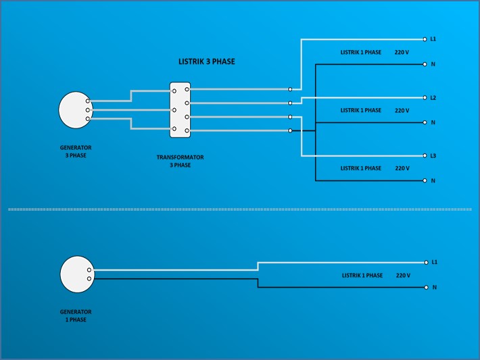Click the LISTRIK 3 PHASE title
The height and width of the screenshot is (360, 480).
(207, 61)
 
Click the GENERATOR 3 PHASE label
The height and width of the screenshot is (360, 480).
(76, 151)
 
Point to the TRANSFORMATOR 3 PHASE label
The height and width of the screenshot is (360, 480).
(180, 161)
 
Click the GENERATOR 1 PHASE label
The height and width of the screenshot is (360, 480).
(76, 315)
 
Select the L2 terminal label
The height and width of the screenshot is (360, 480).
(433, 98)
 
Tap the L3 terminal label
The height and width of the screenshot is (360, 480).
(433, 155)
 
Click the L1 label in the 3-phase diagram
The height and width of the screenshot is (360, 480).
(433, 39)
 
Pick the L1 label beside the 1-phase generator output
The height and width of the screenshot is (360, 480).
(435, 262)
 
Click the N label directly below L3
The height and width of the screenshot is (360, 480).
(433, 181)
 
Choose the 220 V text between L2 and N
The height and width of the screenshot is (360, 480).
(402, 110)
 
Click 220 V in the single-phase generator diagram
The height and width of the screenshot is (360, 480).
(403, 276)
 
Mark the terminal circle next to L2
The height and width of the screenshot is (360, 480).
(425, 97)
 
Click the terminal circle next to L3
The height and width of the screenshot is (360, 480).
(425, 155)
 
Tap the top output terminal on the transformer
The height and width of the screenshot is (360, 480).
(187, 89)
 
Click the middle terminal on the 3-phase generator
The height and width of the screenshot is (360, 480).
(88, 110)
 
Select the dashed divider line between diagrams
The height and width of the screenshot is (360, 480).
(240, 209)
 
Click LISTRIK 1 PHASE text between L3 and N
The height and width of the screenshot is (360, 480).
(361, 168)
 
